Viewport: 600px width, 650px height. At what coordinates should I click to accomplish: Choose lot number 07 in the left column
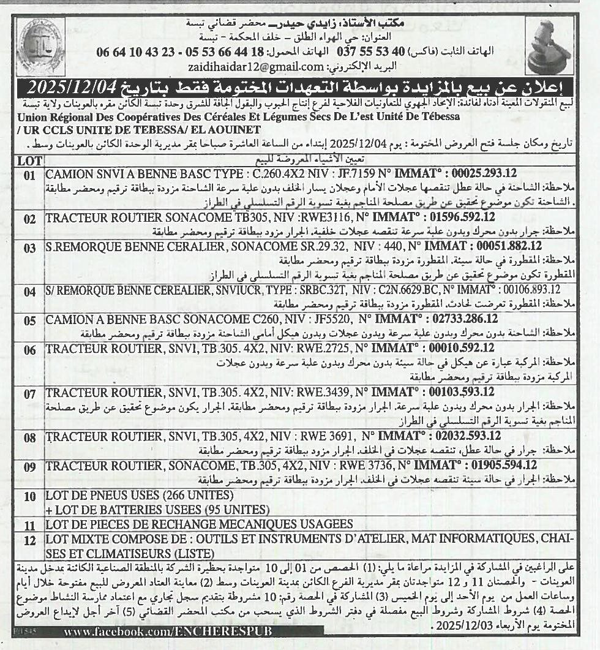click(x=29, y=395)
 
